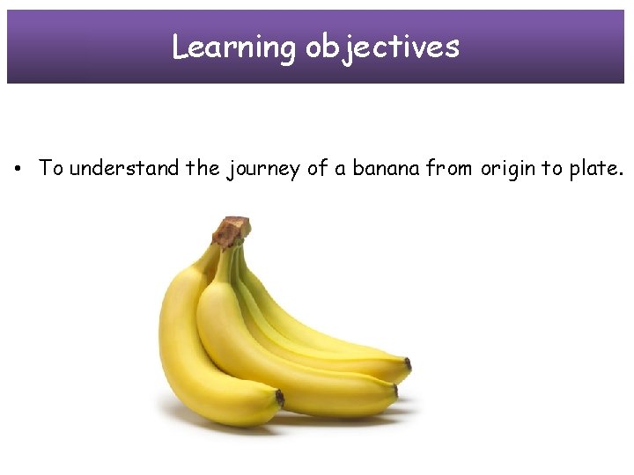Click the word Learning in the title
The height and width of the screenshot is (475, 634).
[234, 47]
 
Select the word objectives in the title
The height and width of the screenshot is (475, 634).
[382, 47]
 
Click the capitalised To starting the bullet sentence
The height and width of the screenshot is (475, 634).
[51, 168]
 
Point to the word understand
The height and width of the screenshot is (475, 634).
[123, 168]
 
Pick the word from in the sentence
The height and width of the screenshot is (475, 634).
[451, 168]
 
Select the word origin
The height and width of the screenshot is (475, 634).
[508, 169]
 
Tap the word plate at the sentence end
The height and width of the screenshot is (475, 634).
[593, 168]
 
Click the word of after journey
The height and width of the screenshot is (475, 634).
[317, 168]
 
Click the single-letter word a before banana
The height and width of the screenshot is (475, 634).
[341, 169]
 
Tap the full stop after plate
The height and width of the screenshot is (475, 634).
[622, 174]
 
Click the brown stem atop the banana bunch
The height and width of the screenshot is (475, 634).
[232, 231]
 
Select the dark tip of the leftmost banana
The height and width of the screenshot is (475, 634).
[279, 398]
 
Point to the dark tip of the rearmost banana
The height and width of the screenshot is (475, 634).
[407, 363]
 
